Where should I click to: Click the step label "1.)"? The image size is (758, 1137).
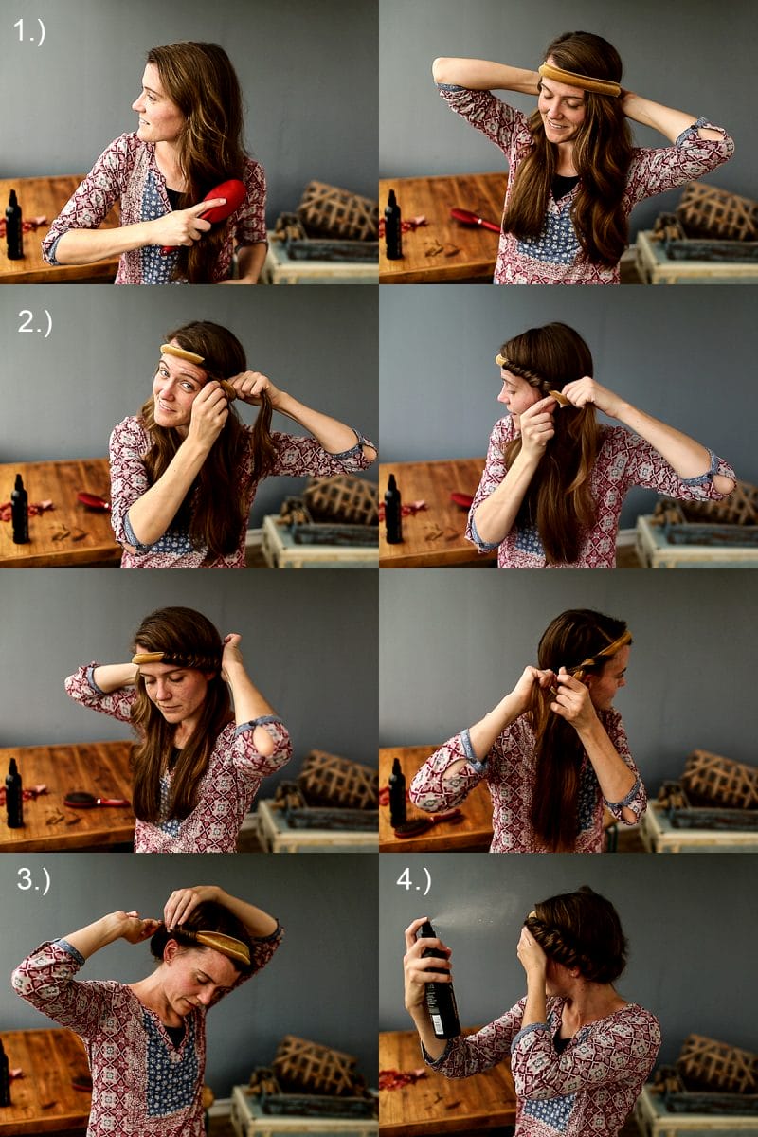click(x=29, y=31)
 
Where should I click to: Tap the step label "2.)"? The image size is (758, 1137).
click(x=34, y=322)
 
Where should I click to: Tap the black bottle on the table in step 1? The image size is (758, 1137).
click(x=13, y=225)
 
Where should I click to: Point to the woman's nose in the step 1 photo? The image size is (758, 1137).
click(x=136, y=105)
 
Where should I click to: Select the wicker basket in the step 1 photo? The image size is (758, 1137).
click(x=333, y=210)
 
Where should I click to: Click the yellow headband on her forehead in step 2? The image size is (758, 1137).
click(x=182, y=352)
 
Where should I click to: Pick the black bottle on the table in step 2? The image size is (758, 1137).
click(x=20, y=509)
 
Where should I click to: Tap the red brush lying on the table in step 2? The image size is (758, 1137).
click(x=94, y=500)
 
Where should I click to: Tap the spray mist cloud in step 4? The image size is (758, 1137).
click(x=475, y=913)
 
